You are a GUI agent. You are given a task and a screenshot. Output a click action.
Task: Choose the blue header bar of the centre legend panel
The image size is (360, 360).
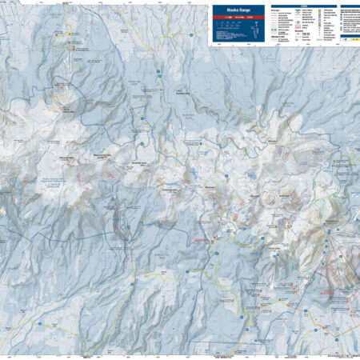click(x=298, y=7)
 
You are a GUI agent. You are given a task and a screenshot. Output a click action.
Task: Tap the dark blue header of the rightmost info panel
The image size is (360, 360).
click(x=349, y=7)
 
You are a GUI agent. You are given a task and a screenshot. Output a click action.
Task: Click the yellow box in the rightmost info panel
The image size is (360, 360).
click(x=349, y=36)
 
